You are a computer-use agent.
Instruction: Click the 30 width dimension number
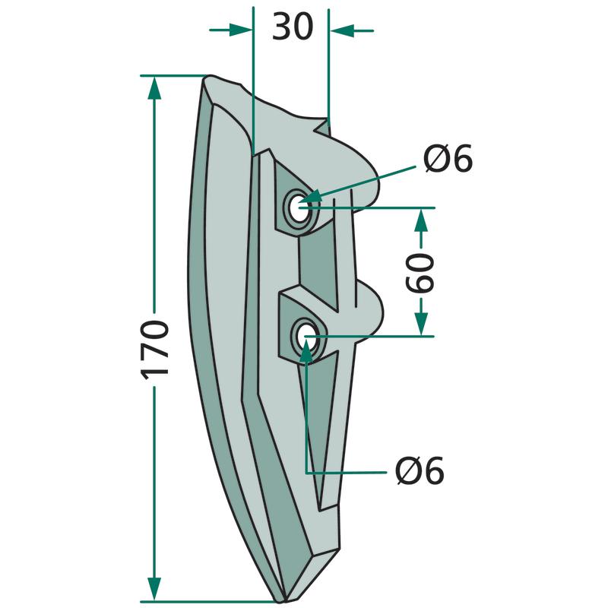293,27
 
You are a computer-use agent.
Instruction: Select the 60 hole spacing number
420,273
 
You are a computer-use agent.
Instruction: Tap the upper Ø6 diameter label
448,158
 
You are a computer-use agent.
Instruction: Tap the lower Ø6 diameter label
420,470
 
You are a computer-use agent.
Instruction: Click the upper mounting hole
299,210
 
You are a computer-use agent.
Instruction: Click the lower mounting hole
308,336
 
